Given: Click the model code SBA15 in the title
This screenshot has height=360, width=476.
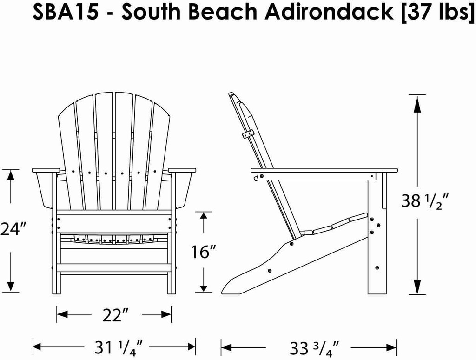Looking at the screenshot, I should [65, 13].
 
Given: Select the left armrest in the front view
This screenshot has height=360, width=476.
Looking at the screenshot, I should [46, 170].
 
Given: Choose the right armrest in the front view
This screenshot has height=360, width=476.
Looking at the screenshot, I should [182, 170].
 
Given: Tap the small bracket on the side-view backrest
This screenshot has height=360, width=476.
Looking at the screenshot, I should [248, 134].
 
